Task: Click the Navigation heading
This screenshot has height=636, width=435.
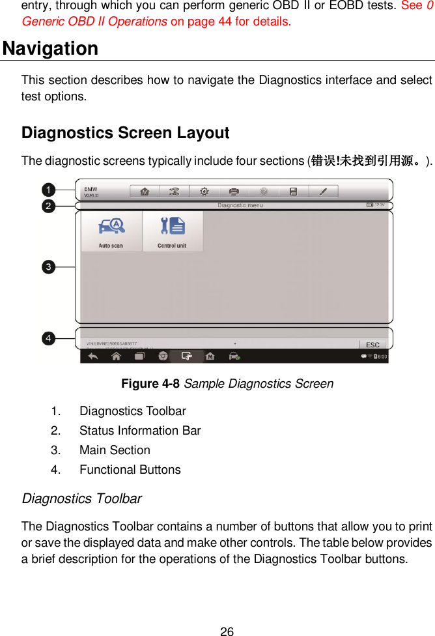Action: coord(50,49)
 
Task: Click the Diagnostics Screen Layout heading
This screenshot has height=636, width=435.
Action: coord(125,133)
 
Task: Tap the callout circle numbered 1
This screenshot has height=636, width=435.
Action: coord(49,190)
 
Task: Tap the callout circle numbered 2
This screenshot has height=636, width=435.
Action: coord(49,207)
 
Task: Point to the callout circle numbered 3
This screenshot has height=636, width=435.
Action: coord(49,267)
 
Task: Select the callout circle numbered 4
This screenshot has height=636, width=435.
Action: coord(49,338)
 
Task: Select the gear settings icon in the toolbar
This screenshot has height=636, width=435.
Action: coord(204,192)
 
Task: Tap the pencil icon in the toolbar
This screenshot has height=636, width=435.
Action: coord(324,192)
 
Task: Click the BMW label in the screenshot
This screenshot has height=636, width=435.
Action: coord(91,189)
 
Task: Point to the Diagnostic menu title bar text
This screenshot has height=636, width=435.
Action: coord(240,205)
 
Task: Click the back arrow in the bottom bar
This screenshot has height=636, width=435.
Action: coord(93,356)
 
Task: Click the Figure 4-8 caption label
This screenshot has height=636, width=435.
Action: coord(151,384)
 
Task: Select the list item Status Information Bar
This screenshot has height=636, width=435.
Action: coord(140,431)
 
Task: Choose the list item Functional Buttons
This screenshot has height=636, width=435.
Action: coord(130,470)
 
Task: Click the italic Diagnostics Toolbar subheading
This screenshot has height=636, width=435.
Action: coord(81,499)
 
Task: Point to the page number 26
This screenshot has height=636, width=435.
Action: coord(227,631)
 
